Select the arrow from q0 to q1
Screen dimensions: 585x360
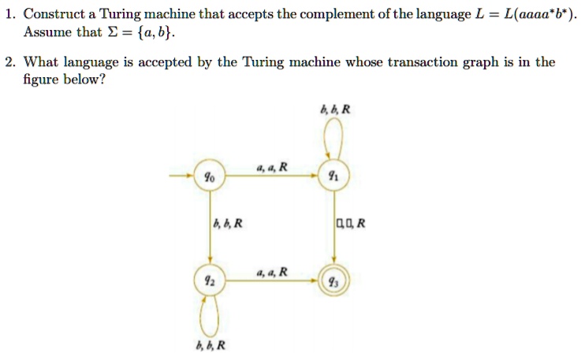[271, 175]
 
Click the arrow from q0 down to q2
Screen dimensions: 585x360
[210, 228]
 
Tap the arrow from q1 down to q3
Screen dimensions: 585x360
[334, 228]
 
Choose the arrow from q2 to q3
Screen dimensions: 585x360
[271, 280]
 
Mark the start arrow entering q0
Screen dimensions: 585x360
[181, 175]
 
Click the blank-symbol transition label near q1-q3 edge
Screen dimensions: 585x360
[351, 223]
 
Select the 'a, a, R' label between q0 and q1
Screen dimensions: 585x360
[272, 167]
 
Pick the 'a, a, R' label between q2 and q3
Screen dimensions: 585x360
[272, 272]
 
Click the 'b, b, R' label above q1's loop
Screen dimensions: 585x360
[335, 109]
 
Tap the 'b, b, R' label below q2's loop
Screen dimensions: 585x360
[211, 346]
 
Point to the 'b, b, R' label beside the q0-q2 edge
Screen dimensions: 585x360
[228, 223]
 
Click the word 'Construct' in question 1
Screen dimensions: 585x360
[54, 14]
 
